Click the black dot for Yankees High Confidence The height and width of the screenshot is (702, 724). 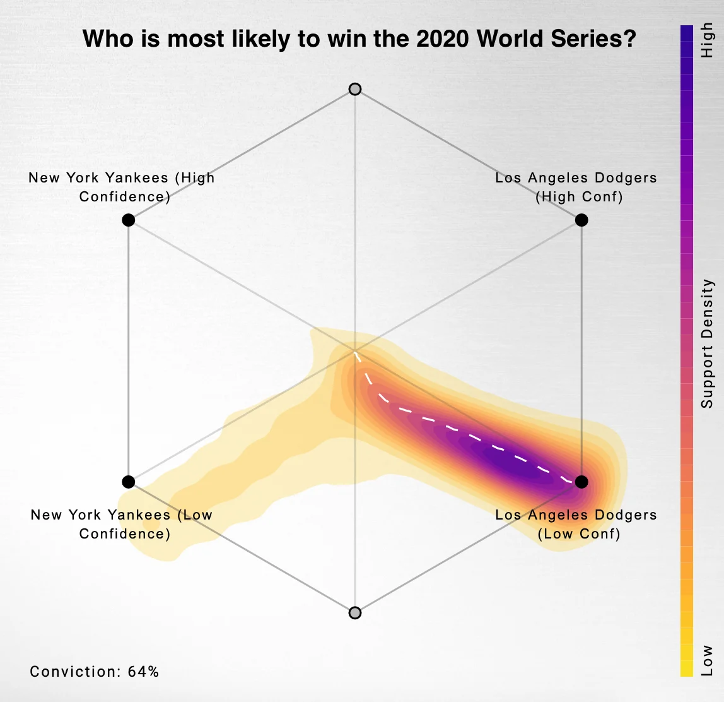coord(129,220)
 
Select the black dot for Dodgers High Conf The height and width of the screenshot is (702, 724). coord(581,220)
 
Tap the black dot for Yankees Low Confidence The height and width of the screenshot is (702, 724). coord(129,482)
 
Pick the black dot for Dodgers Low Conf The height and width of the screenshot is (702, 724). coord(581,482)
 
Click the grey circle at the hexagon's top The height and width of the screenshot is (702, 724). coord(355,89)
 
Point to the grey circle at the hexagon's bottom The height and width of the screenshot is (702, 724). coord(355,612)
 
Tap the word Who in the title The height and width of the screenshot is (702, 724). coord(105,39)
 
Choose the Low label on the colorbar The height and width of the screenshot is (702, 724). coord(708,660)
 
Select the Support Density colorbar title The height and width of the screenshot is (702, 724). coord(708,343)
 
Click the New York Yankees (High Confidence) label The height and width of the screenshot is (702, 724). coord(122,187)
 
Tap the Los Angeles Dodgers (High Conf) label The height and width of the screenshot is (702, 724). coord(576,187)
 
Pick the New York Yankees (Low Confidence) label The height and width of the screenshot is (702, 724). coord(122,524)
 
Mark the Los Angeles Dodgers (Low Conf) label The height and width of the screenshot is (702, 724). coord(576,524)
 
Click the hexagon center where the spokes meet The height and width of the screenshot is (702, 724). coord(355,350)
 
